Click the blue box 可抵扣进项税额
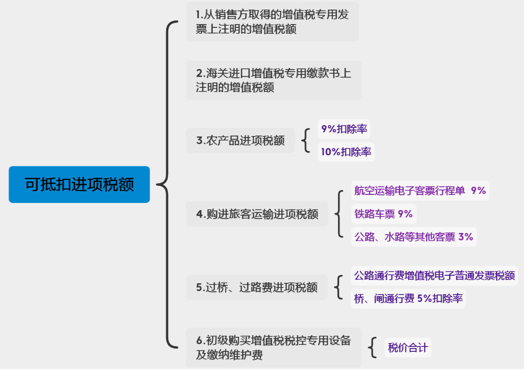[x=79, y=184]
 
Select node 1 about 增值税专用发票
[x=272, y=22]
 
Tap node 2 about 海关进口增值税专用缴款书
[x=273, y=80]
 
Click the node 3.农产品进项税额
[x=240, y=141]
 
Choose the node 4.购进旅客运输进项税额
[x=257, y=214]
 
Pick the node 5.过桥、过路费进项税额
[x=257, y=288]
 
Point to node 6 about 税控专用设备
[x=273, y=347]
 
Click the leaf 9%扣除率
[x=344, y=129]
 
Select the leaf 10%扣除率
[x=346, y=152]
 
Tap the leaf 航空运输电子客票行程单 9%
[x=420, y=191]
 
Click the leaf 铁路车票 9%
[x=383, y=214]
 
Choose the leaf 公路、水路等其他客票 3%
[x=413, y=237]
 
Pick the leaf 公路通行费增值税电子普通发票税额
[x=434, y=276]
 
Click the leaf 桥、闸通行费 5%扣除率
[x=408, y=299]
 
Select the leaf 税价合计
[x=407, y=348]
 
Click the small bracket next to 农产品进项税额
[x=306, y=141]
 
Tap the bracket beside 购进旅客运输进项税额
[x=339, y=214]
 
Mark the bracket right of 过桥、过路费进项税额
[x=339, y=288]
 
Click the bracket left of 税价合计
[x=373, y=348]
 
